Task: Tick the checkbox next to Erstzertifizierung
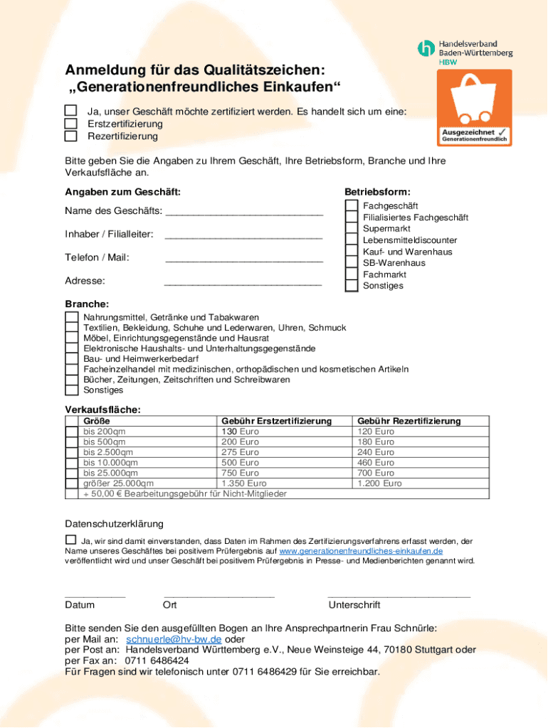[70, 123]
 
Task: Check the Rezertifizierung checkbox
[70, 136]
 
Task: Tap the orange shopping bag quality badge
[474, 107]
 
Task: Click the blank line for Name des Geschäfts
[243, 212]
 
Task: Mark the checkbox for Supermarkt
[352, 229]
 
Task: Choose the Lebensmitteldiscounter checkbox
[352, 240]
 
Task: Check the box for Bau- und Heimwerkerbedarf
[72, 359]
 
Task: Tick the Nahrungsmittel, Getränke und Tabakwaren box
[72, 317]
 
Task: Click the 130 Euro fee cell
[240, 432]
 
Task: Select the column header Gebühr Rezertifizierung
[409, 421]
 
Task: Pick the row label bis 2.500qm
[109, 452]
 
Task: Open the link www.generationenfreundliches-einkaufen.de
[361, 551]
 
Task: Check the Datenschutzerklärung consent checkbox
[70, 540]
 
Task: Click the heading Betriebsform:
[377, 192]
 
